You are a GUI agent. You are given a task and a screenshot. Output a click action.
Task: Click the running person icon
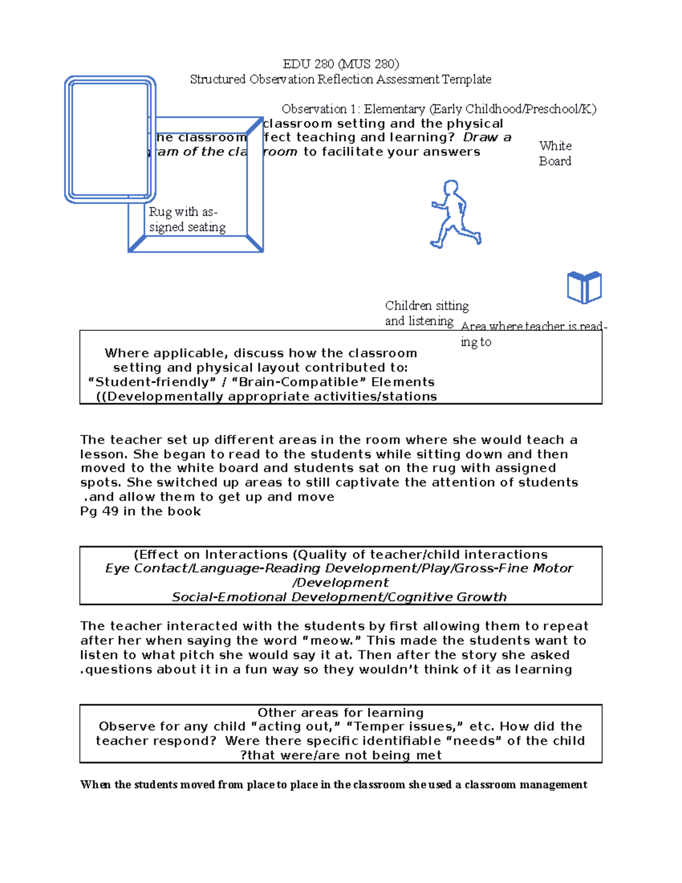(455, 214)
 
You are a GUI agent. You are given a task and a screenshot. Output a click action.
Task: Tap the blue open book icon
(584, 288)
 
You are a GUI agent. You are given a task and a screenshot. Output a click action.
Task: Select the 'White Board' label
(555, 154)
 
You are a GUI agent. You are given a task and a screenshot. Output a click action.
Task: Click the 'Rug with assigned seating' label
(187, 219)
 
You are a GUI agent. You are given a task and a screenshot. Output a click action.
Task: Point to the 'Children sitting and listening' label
(426, 313)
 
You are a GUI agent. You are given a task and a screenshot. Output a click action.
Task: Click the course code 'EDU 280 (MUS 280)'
(341, 64)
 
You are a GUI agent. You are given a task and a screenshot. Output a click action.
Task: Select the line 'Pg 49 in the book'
(140, 511)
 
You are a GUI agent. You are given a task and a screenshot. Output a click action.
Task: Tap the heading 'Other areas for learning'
(340, 713)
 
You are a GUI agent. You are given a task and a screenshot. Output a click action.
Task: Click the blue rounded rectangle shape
(110, 140)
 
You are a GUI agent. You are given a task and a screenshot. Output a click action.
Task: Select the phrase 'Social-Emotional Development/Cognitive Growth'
(339, 597)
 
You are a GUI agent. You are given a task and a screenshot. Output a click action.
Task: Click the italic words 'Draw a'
(487, 138)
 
